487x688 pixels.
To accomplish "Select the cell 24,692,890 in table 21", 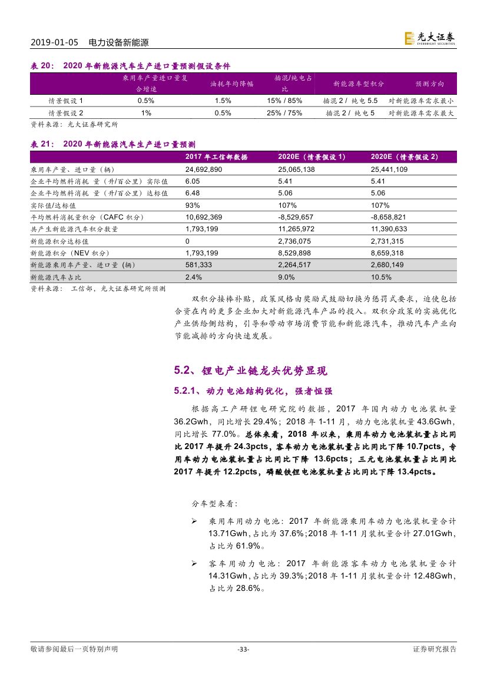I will coord(203,169).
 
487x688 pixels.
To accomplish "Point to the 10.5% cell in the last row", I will coord(381,277).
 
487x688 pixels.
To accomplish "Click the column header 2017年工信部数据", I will coord(216,157).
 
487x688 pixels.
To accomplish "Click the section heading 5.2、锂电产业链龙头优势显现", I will coord(250,371).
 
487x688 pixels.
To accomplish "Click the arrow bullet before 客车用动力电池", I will coord(195,564).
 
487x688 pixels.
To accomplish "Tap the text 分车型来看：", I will coord(215,504).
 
